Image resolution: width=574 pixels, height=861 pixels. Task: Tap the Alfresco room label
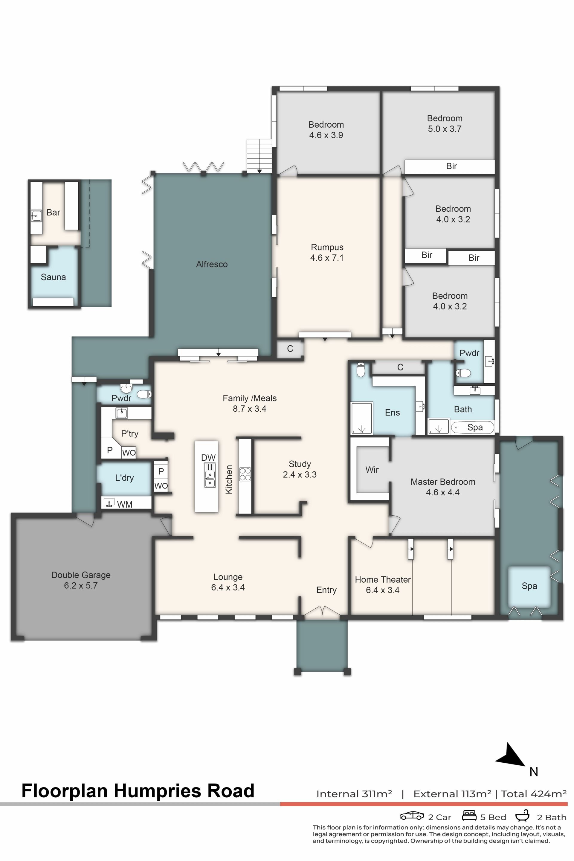[x=212, y=264]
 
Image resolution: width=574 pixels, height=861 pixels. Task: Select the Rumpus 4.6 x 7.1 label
[x=327, y=252]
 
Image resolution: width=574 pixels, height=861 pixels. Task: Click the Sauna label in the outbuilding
[x=54, y=277]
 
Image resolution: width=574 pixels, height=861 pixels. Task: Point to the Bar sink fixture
[x=36, y=216]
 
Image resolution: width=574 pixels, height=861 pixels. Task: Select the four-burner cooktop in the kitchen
[x=245, y=474]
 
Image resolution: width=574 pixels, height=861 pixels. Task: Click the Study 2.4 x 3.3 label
[x=300, y=469]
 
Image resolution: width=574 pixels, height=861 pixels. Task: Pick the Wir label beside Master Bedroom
[x=372, y=470]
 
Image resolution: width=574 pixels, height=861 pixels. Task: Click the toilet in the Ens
[x=361, y=370]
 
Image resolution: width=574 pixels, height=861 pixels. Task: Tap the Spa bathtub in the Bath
[x=472, y=427]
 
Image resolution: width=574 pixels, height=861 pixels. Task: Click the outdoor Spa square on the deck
[x=529, y=586]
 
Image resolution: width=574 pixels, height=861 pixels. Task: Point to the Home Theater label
[x=383, y=579]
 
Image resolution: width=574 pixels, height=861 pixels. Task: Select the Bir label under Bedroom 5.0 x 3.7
[x=452, y=166]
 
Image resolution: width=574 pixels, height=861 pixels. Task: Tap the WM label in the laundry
[x=125, y=504]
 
